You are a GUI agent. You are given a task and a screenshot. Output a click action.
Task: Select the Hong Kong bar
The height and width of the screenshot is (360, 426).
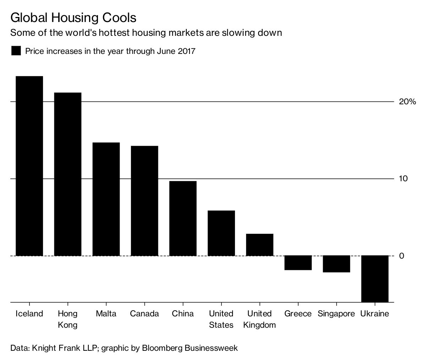pos(67,174)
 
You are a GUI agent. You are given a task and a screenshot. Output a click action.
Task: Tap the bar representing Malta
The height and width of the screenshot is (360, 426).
pos(106,199)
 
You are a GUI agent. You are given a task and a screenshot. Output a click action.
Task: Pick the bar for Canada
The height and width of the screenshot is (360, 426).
pos(144,200)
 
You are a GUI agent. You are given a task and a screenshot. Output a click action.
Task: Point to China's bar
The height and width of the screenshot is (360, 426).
pos(183,218)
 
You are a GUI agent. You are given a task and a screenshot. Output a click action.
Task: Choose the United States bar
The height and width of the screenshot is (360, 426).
pos(221,233)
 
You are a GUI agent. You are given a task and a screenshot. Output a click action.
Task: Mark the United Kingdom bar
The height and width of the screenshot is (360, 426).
pos(260,245)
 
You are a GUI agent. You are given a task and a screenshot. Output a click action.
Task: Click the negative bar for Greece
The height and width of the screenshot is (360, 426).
pos(298,263)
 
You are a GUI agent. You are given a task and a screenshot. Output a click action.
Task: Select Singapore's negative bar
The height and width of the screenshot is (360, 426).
pos(336,264)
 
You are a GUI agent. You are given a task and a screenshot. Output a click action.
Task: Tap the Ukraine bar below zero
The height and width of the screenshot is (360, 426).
pos(375,278)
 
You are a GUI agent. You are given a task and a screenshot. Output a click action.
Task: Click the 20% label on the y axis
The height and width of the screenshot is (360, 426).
pos(407,102)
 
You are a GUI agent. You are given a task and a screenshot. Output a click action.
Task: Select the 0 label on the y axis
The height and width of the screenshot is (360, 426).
pos(402,256)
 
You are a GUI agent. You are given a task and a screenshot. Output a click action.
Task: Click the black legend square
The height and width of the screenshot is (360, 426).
pos(16,51)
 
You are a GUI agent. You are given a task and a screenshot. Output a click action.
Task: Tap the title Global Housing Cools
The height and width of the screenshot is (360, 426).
pos(73,18)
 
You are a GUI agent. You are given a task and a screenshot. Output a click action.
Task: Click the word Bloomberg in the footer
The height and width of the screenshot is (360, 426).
pos(162,348)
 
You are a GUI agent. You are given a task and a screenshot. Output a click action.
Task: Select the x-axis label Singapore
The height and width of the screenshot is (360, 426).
pos(336,314)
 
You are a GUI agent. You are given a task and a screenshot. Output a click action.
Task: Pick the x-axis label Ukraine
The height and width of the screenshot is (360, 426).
pos(375,314)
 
